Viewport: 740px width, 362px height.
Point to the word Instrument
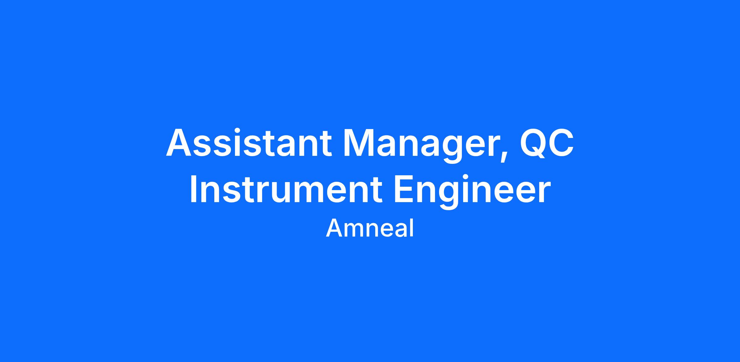tap(286, 188)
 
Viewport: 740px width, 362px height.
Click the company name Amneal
tap(370, 228)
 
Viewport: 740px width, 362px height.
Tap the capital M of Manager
tap(359, 143)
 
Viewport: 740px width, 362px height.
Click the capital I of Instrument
tap(193, 188)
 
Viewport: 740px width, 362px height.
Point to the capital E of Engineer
tap(404, 188)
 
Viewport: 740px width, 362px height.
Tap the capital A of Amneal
tap(335, 228)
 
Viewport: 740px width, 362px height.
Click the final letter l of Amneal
tap(412, 228)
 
